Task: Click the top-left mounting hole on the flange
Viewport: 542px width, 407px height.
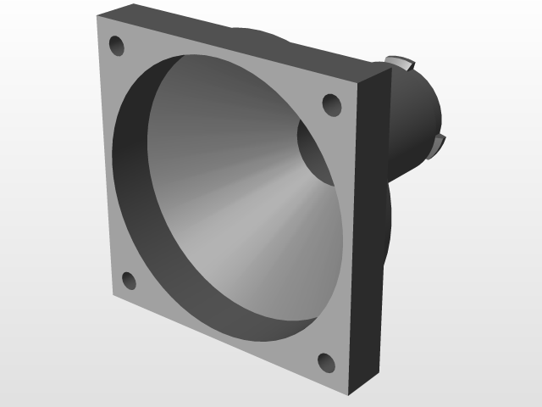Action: (x=117, y=45)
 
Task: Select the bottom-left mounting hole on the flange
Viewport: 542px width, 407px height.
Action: (x=129, y=281)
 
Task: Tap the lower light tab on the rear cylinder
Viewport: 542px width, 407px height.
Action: (x=439, y=145)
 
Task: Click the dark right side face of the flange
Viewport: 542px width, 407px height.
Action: (x=368, y=237)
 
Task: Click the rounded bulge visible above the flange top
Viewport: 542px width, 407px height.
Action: (x=254, y=34)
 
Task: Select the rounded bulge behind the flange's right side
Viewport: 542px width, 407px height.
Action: (x=391, y=220)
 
